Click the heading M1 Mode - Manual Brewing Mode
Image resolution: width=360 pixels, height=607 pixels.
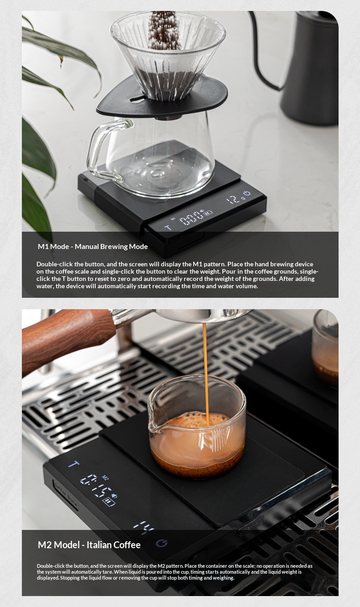coord(93,247)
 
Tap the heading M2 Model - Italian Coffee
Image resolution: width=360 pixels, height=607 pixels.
coord(89,545)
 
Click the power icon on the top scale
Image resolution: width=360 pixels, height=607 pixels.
coord(247,193)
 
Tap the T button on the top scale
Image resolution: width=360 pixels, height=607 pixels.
coord(168,228)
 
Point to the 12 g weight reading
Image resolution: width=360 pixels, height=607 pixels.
coord(236,199)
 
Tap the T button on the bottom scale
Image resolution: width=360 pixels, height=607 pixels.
coord(73,464)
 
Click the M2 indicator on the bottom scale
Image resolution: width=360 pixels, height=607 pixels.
coord(105,477)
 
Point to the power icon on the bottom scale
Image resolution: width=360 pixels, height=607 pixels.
coord(162,543)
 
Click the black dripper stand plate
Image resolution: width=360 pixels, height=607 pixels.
coord(162,98)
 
